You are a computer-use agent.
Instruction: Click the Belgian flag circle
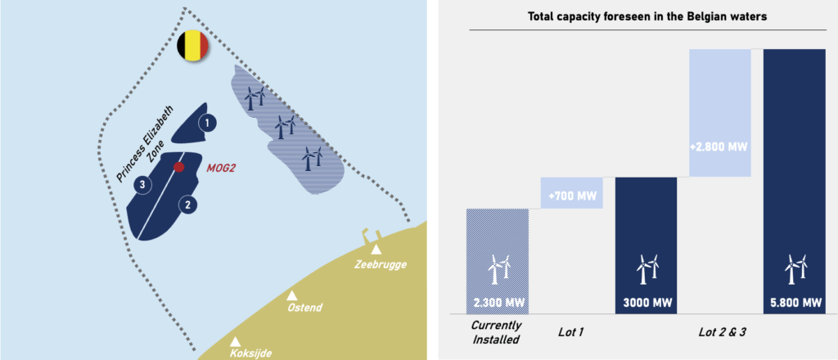click(194, 46)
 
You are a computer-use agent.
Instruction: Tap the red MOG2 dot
click(179, 167)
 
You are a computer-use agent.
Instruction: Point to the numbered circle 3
click(142, 184)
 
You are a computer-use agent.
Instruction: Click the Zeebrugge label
click(381, 264)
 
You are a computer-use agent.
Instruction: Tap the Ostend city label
click(304, 308)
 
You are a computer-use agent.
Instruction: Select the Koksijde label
click(250, 353)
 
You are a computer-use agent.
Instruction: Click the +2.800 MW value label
click(719, 147)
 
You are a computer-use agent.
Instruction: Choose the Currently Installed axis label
click(497, 332)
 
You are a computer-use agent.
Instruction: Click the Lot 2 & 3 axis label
click(719, 332)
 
